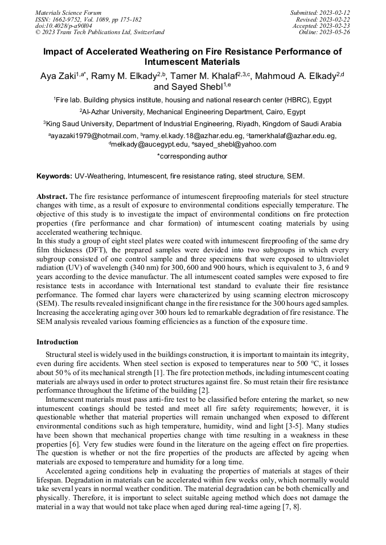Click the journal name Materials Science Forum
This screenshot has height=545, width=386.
68,13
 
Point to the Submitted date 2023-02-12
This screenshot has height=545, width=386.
321,13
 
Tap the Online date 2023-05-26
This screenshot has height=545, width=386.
325,32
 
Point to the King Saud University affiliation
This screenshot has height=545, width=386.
192,123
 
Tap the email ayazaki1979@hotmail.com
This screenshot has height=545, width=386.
93,136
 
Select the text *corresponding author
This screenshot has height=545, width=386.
192,156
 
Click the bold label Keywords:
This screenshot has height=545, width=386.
55,176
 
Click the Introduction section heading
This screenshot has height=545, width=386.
58,342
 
